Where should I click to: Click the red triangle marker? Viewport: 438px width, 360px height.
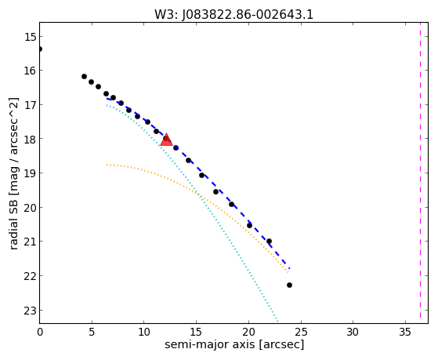coord(166,140)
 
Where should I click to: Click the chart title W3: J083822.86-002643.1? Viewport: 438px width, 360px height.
coord(233,15)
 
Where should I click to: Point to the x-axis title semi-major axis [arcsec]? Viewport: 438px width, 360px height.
coord(234,344)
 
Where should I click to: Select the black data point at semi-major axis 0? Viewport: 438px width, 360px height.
coord(40,49)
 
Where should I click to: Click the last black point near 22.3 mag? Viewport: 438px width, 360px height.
coord(289,285)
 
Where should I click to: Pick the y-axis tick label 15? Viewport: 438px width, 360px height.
coord(30,37)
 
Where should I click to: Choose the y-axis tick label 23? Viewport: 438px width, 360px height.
coord(30,311)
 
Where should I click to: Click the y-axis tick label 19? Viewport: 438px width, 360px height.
coord(30,173)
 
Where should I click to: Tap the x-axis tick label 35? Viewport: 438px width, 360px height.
coord(405,332)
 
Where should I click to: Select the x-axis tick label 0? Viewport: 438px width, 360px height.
coord(40,332)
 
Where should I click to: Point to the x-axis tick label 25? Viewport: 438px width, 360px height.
coord(301,332)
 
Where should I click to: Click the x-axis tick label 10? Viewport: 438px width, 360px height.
coord(144,332)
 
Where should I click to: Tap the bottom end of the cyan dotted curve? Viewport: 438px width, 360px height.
coord(277,322)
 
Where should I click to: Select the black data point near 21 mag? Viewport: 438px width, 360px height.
coord(269,241)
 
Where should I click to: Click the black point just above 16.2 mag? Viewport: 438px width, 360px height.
coord(84,76)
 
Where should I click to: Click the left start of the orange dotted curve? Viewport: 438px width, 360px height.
coord(107,165)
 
